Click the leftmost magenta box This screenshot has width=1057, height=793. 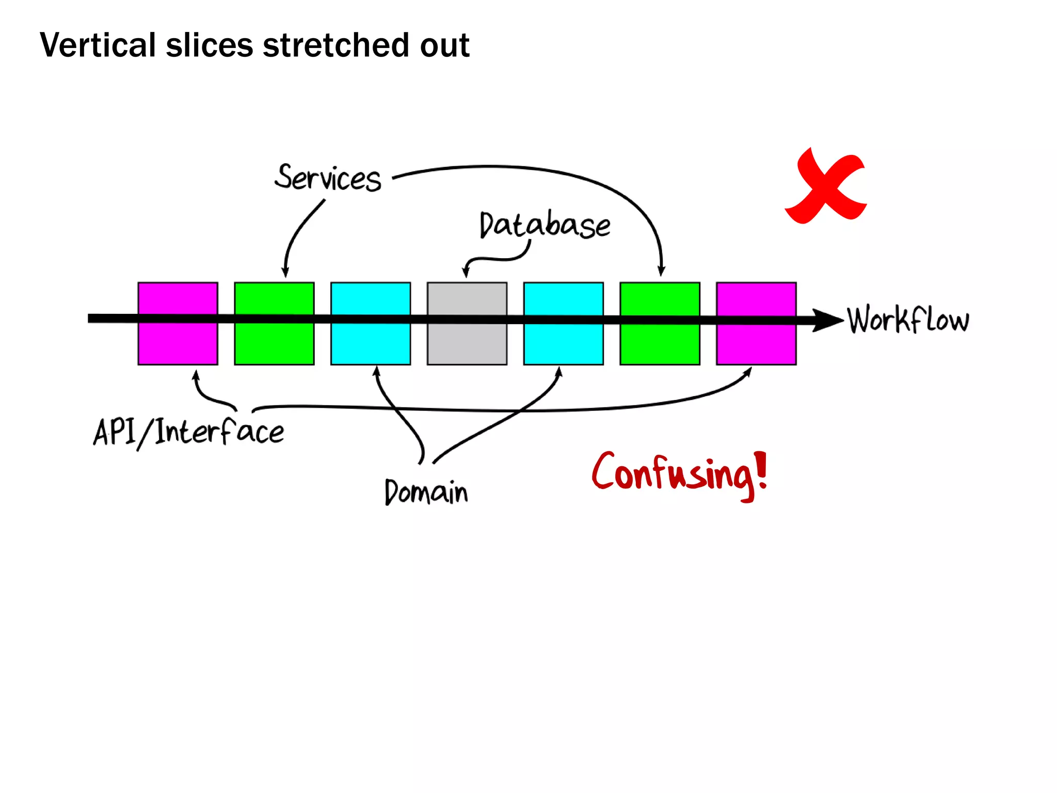tap(178, 341)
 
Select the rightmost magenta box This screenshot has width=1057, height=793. tap(756, 341)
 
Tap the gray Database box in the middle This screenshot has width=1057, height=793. tap(467, 341)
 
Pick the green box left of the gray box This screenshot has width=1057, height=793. tap(274, 341)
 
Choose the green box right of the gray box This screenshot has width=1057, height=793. tap(660, 341)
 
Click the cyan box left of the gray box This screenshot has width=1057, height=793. tap(371, 341)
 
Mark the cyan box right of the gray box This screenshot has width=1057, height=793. tap(563, 341)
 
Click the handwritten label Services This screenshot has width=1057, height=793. tap(328, 178)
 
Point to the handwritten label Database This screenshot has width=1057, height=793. tap(544, 225)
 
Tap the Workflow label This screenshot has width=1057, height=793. tap(908, 320)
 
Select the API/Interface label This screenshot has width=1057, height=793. tap(188, 433)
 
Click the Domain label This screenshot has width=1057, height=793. tap(426, 491)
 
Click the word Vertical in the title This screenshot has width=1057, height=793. tap(98, 45)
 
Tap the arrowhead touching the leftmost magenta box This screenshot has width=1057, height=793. tap(196, 375)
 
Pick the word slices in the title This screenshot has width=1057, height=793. tap(209, 45)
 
